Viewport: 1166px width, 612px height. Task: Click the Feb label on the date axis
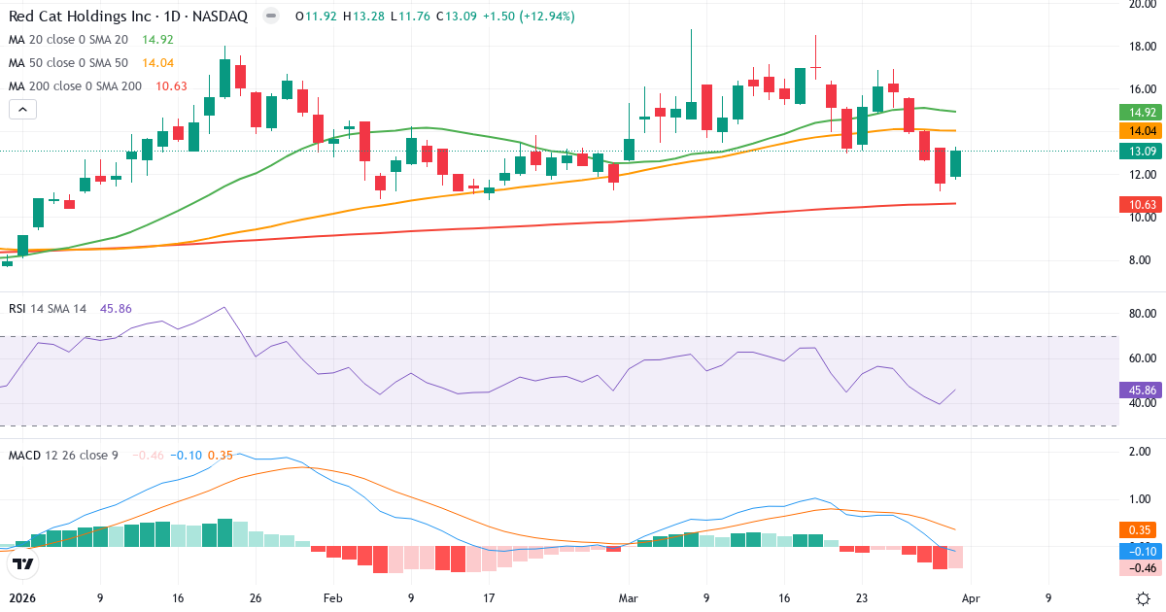(332, 598)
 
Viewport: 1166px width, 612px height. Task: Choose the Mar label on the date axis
(629, 598)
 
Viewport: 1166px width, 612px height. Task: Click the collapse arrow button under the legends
(21, 109)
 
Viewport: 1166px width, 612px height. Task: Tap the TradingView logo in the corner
(23, 563)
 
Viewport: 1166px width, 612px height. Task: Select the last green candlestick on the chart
(956, 163)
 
